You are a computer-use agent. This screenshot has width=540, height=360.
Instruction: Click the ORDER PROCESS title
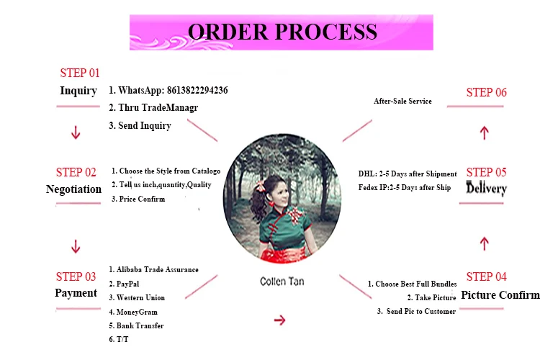[282, 32]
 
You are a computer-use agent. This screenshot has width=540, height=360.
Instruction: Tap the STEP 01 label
[79, 73]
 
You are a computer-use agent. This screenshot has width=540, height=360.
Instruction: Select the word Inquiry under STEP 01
[78, 91]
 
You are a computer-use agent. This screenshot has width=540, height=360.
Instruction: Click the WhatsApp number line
[168, 91]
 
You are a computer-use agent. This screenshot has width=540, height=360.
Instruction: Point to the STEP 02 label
[76, 172]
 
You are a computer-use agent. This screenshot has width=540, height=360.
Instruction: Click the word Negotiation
[73, 189]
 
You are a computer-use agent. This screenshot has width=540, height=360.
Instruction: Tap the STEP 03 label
[76, 276]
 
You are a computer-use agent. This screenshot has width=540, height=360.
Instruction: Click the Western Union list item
[137, 297]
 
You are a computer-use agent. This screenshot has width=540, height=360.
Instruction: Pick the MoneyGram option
[133, 312]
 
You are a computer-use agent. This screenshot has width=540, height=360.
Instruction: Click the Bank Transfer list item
[136, 325]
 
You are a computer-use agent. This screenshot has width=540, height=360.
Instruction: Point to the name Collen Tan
[283, 282]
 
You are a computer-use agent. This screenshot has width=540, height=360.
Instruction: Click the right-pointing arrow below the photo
[280, 320]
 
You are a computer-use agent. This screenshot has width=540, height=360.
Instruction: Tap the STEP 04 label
[486, 276]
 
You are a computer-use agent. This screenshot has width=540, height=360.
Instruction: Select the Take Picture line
[431, 297]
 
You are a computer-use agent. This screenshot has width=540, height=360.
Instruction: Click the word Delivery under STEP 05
[487, 189]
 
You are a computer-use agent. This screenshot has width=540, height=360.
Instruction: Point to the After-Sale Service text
[402, 102]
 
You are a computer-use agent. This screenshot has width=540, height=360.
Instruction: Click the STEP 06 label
[486, 92]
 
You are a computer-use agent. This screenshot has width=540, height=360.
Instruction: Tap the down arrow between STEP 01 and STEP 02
[76, 133]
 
